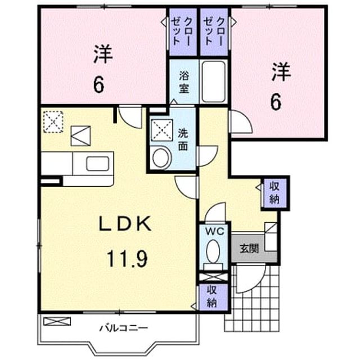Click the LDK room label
pyautogui.click(x=125, y=224)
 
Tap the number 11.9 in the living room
pyautogui.click(x=127, y=259)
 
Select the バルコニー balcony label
pyautogui.click(x=123, y=328)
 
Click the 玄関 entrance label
pyautogui.click(x=249, y=248)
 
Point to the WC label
pyautogui.click(x=214, y=232)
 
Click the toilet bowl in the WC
pyautogui.click(x=213, y=251)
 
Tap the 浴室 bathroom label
pyautogui.click(x=184, y=82)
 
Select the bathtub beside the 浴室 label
pyautogui.click(x=214, y=82)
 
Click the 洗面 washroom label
pyautogui.click(x=183, y=139)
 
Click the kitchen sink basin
pyautogui.click(x=97, y=164)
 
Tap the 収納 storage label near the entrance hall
pyautogui.click(x=274, y=192)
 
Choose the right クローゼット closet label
pyautogui.click(x=214, y=31)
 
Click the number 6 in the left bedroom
pyautogui.click(x=99, y=84)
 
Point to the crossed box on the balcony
pyautogui.click(x=57, y=321)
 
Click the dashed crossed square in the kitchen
pyautogui.click(x=53, y=121)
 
